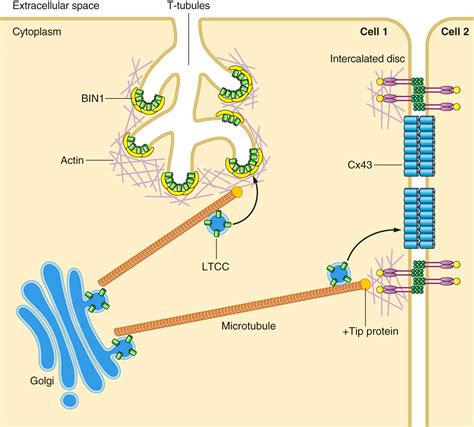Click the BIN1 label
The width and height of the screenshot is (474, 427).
[x=93, y=98]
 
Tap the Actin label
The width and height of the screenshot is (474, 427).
[x=72, y=160]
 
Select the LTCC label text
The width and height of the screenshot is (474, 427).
[x=216, y=266]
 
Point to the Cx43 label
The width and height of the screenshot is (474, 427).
[x=360, y=165]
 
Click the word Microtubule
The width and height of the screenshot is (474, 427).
[x=249, y=326]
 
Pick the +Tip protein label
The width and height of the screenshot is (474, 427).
[x=371, y=332]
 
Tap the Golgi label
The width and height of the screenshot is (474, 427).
[x=42, y=381]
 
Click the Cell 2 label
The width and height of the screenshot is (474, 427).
[x=455, y=32]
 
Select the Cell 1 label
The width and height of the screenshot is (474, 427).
[x=374, y=32]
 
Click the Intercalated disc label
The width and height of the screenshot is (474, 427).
[x=367, y=59]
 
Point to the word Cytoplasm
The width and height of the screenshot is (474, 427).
[x=37, y=32]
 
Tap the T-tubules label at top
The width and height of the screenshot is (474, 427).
[x=188, y=5]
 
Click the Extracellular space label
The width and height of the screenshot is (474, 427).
[x=56, y=5]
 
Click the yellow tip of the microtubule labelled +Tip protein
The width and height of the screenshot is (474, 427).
[x=365, y=284]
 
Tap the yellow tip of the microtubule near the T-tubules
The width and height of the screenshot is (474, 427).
[x=237, y=192]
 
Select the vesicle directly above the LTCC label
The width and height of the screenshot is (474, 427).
[x=217, y=223]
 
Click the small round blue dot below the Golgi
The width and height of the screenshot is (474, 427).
[x=70, y=400]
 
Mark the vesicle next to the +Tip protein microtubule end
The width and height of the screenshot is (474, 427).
[x=339, y=274]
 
